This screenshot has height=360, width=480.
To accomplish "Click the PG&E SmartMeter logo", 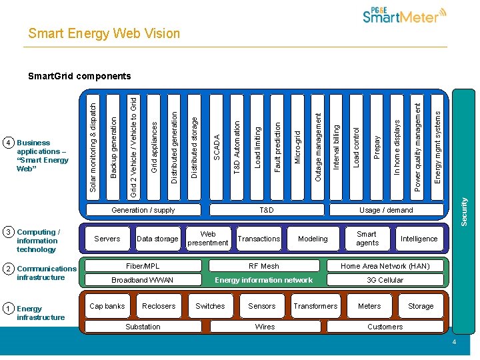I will pyautogui.click(x=404, y=16).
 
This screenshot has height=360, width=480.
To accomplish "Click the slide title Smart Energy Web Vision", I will pyautogui.click(x=104, y=33).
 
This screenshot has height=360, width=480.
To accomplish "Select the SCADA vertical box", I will pyautogui.click(x=217, y=147).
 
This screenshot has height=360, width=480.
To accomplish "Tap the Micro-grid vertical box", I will pyautogui.click(x=297, y=147).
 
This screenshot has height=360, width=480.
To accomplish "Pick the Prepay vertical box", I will pyautogui.click(x=377, y=147).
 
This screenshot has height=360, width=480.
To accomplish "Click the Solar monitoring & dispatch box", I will pyautogui.click(x=93, y=147).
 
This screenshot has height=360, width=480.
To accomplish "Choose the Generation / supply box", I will pyautogui.click(x=143, y=210).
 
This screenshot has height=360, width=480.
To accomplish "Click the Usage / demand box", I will pyautogui.click(x=386, y=210).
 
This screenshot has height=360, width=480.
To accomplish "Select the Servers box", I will pyautogui.click(x=107, y=239).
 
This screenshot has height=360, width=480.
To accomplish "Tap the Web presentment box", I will pyautogui.click(x=208, y=239).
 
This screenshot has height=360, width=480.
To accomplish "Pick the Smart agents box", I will pyautogui.click(x=367, y=239).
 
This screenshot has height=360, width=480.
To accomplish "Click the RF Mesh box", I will pyautogui.click(x=264, y=266).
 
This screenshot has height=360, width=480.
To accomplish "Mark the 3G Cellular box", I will pyautogui.click(x=385, y=280).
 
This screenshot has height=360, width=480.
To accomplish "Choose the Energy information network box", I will pyautogui.click(x=264, y=280).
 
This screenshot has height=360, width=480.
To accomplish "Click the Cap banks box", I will pyautogui.click(x=107, y=306).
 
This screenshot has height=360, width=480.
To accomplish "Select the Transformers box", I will pyautogui.click(x=315, y=306).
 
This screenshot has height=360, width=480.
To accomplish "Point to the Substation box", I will pyautogui.click(x=143, y=327).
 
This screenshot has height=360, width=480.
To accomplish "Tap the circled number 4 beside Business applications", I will pyautogui.click(x=8, y=143).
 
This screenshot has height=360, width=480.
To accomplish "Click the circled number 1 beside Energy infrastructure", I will pyautogui.click(x=8, y=309).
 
